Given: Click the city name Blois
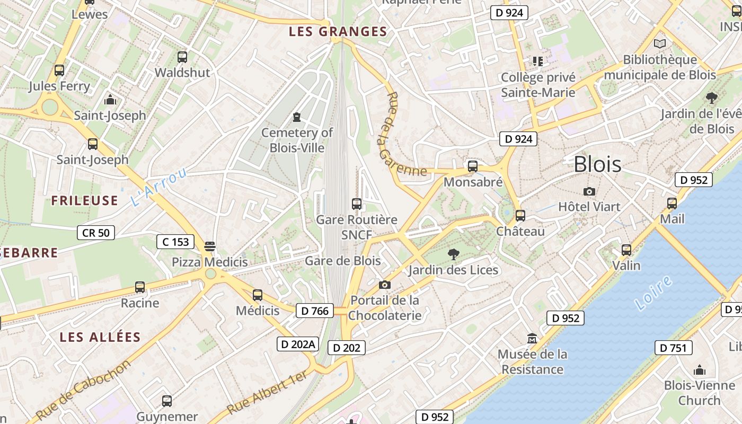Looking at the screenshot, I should click(x=597, y=164).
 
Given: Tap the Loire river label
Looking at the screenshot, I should click(x=653, y=293).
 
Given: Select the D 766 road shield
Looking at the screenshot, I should click(x=315, y=311).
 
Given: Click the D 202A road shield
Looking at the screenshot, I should click(x=298, y=344).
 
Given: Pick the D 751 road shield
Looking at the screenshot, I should click(x=673, y=348).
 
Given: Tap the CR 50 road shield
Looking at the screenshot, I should click(x=96, y=232).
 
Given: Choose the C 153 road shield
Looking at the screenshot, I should click(x=175, y=242).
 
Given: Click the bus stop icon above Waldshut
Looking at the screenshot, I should click(x=182, y=57).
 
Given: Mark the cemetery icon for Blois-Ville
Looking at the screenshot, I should click(x=297, y=117).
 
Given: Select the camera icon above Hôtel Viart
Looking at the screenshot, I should click(x=589, y=191).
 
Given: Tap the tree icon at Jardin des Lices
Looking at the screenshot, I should click(x=453, y=254).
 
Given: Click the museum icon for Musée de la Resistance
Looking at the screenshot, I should click(x=532, y=338).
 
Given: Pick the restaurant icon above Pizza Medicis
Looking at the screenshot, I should click(x=210, y=246).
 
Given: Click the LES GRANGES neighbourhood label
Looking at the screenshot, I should click(x=338, y=32).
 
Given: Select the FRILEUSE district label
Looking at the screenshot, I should click(x=84, y=200).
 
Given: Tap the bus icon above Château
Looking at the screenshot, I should click(x=520, y=216).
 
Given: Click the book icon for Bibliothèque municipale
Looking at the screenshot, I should click(x=659, y=44).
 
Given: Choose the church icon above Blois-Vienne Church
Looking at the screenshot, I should click(x=700, y=370).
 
